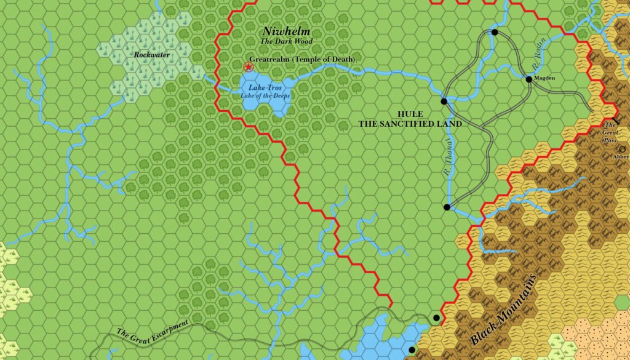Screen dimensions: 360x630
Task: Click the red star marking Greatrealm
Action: point(249,66)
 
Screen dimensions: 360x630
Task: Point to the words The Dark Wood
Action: point(286,41)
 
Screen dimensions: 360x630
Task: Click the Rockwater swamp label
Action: point(151,55)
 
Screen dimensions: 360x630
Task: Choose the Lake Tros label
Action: point(265,89)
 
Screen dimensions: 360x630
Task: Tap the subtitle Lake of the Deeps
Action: point(265,96)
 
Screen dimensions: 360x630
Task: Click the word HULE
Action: point(410,114)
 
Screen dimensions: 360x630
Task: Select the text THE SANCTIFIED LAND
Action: point(410,124)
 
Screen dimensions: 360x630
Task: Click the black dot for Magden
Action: point(528,79)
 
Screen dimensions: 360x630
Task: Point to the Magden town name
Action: point(544,78)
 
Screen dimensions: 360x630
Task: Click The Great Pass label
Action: point(610,132)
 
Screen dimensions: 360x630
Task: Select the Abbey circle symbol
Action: point(623,149)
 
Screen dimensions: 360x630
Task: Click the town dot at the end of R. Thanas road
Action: point(447,207)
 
